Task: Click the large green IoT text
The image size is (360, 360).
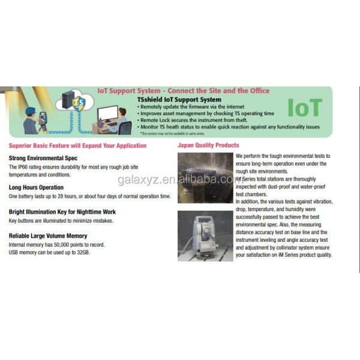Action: click(305, 108)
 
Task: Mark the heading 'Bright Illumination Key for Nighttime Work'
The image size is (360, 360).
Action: click(62, 212)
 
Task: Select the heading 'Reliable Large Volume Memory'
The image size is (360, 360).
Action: click(48, 236)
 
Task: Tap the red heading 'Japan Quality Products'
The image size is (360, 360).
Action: click(208, 145)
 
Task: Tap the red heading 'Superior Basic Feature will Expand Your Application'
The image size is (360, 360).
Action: click(77, 145)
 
